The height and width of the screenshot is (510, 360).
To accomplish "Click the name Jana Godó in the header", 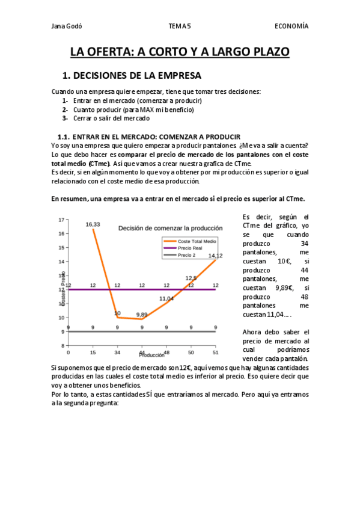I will tap(67, 26).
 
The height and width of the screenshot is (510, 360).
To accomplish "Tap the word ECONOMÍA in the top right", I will tap(291, 26).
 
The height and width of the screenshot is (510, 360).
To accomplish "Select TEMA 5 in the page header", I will tap(180, 26).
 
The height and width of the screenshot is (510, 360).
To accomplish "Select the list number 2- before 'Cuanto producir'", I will tap(64, 109).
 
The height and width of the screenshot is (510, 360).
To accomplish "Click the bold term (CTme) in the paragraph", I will tap(99, 164).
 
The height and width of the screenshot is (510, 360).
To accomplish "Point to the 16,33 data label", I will tap(93, 224).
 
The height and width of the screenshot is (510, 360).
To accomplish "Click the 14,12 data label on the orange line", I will tap(215, 256).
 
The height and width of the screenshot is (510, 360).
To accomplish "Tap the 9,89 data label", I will tap(142, 314).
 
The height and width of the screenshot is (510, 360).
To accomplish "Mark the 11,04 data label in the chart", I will tap(166, 298).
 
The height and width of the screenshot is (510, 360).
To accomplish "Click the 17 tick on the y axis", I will tap(61, 220).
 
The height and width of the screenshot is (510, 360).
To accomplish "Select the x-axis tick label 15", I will tap(93, 352).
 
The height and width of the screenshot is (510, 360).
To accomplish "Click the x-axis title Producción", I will tap(151, 355).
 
